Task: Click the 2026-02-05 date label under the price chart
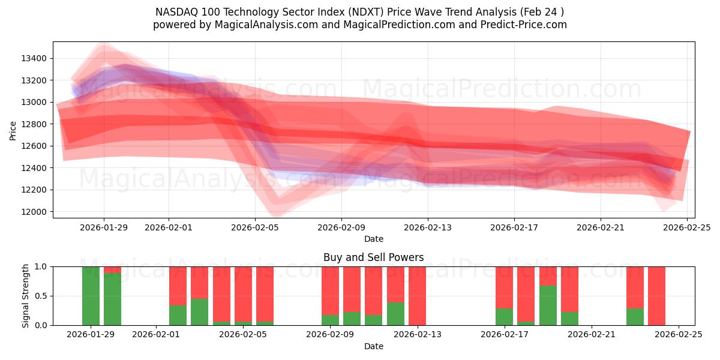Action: pyautogui.click(x=255, y=227)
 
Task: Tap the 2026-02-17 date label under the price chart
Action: pyautogui.click(x=514, y=227)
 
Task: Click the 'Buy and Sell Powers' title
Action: pyautogui.click(x=373, y=257)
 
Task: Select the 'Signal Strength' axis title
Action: pyautogui.click(x=26, y=296)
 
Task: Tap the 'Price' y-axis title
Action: pyautogui.click(x=13, y=130)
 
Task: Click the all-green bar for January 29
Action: pyautogui.click(x=91, y=296)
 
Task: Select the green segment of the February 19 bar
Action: pyautogui.click(x=548, y=305)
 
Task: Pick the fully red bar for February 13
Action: pyautogui.click(x=417, y=296)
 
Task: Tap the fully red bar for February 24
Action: pyautogui.click(x=656, y=296)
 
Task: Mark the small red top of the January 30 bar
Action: pyautogui.click(x=112, y=269)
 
